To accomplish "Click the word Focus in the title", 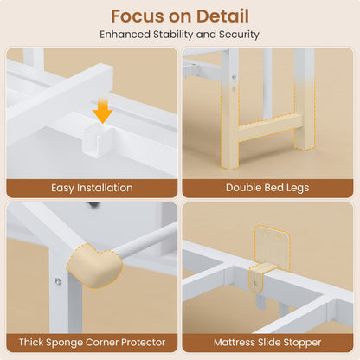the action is click(x=138, y=16).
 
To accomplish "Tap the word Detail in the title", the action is click(x=222, y=16).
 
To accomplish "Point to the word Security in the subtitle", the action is click(x=239, y=35).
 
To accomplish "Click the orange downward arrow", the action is click(x=103, y=111).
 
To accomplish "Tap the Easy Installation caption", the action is click(x=92, y=188).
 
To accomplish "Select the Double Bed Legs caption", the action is click(x=267, y=188).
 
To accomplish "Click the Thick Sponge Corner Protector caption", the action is click(x=92, y=343).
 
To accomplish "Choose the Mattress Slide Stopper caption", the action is click(x=267, y=343).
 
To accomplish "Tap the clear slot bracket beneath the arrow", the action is click(x=97, y=140).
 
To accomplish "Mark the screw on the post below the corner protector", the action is click(x=58, y=281).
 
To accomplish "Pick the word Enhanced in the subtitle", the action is click(x=125, y=35).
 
